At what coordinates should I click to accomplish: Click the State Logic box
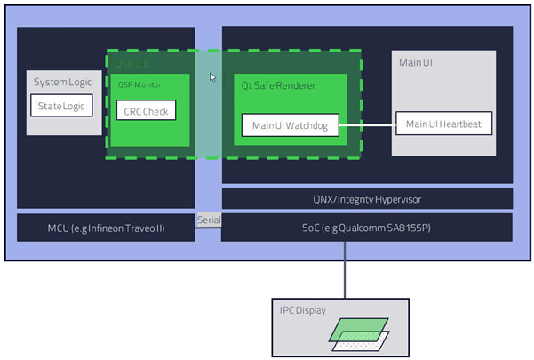pos(59,107)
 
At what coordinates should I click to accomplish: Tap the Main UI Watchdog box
pos(290,126)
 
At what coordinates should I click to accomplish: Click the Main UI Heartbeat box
pos(443,124)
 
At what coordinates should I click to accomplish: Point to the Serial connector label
pos(208,220)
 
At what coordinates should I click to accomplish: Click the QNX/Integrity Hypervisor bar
pos(367,198)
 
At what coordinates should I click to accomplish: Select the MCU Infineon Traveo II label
pos(106,228)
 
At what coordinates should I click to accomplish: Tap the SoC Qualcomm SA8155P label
pos(367,228)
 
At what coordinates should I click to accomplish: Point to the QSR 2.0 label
pos(130,63)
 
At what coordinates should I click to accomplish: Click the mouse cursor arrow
pos(212,77)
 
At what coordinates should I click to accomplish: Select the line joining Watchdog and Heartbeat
pos(367,125)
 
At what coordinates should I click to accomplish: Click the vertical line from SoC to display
pos(344,268)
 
